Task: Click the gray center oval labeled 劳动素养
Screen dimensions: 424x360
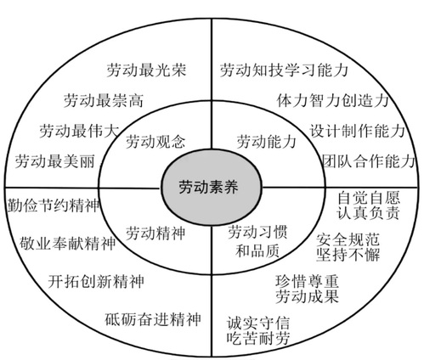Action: click(212, 188)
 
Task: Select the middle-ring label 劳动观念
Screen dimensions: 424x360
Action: click(155, 142)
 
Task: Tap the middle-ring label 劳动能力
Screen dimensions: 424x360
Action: click(266, 142)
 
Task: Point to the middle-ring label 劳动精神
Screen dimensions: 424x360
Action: click(155, 233)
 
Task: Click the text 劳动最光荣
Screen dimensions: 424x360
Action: click(146, 70)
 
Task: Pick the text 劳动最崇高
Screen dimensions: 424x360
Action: click(104, 100)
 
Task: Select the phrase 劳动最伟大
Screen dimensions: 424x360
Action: click(79, 131)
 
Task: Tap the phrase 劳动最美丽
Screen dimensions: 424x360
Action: click(55, 161)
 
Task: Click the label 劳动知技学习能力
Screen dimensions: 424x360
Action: click(284, 70)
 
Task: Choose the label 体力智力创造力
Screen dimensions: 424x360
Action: click(332, 100)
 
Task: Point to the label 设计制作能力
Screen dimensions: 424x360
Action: click(357, 131)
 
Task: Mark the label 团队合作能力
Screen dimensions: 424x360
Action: click(369, 161)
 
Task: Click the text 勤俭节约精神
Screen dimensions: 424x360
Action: click(54, 205)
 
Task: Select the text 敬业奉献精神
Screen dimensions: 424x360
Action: click(68, 243)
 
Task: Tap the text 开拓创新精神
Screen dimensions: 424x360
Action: click(96, 281)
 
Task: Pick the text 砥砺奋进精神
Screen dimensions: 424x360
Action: click(153, 319)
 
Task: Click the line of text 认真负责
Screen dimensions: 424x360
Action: click(369, 213)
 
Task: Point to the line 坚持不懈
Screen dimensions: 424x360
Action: click(348, 254)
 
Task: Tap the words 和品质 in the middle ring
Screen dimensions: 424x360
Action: click(257, 250)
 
